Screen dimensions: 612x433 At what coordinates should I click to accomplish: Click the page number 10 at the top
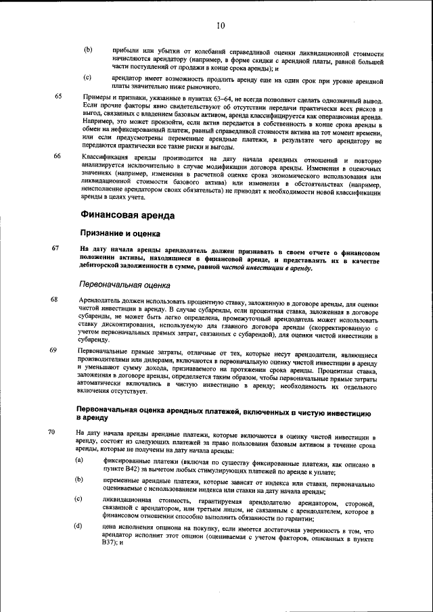221,26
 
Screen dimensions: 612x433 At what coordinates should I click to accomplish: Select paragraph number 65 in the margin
58,97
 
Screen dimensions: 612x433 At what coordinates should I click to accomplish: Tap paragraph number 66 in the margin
58,156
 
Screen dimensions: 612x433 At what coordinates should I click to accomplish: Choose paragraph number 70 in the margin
53,431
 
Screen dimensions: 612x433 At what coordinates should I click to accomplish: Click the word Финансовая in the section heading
109,216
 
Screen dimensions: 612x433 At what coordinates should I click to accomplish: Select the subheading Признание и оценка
120,234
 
